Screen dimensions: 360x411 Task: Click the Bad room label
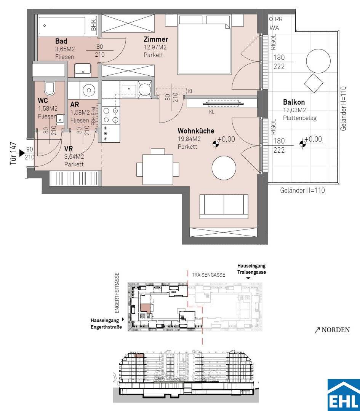[61, 41]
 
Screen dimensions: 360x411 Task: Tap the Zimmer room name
[155, 39]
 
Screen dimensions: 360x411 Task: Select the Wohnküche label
[196, 131]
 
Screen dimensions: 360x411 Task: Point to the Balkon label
[294, 102]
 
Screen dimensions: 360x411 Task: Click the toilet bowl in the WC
[49, 89]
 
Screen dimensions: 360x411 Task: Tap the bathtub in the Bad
[62, 26]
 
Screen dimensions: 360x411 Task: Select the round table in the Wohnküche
[224, 168]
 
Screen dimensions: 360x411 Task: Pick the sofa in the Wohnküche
[224, 207]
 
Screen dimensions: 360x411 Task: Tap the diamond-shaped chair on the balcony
[314, 83]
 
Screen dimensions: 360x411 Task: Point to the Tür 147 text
[13, 154]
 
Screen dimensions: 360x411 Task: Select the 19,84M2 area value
[189, 139]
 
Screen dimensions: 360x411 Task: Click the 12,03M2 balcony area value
[294, 110]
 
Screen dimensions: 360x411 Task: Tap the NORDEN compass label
[332, 330]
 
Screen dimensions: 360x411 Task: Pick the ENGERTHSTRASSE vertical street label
[117, 293]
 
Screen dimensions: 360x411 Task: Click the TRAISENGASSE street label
[208, 275]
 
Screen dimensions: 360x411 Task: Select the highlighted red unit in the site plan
[145, 308]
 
